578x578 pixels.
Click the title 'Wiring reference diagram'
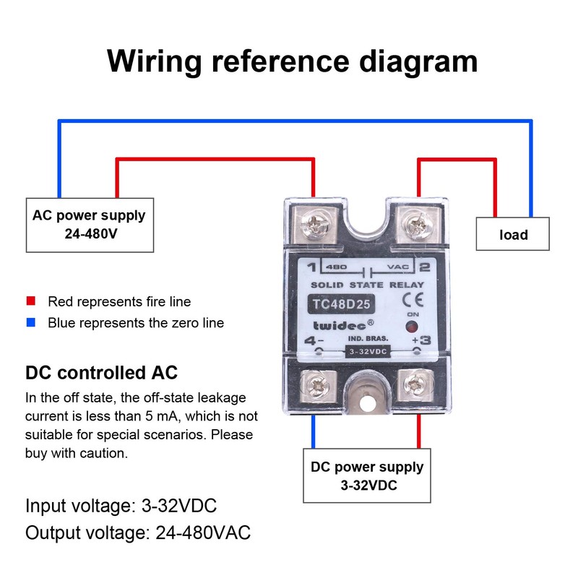pyautogui.click(x=292, y=61)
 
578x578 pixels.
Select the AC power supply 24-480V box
pyautogui.click(x=89, y=224)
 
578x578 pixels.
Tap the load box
pyautogui.click(x=513, y=234)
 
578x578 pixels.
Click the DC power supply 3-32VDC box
pyautogui.click(x=368, y=475)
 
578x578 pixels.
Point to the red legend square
pyautogui.click(x=31, y=301)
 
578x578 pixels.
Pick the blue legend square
pyautogui.click(x=31, y=323)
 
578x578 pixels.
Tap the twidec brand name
pyautogui.click(x=341, y=326)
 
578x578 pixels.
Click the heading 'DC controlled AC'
pyautogui.click(x=101, y=374)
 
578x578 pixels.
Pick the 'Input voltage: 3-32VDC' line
pyautogui.click(x=121, y=504)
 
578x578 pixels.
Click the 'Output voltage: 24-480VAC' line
pyautogui.click(x=138, y=533)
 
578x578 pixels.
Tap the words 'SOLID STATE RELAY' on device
pyautogui.click(x=367, y=285)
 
